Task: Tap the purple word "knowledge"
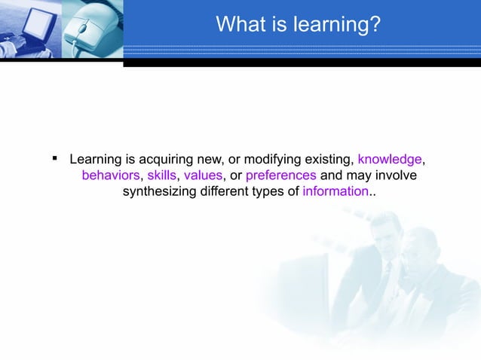(389, 160)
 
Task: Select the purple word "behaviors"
(110, 175)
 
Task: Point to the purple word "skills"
(161, 175)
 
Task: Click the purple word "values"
(203, 175)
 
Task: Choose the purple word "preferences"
(281, 175)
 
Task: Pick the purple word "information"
(335, 191)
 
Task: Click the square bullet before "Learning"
(55, 159)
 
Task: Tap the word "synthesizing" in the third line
(159, 191)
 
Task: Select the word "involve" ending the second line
(397, 175)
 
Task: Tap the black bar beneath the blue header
(302, 63)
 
